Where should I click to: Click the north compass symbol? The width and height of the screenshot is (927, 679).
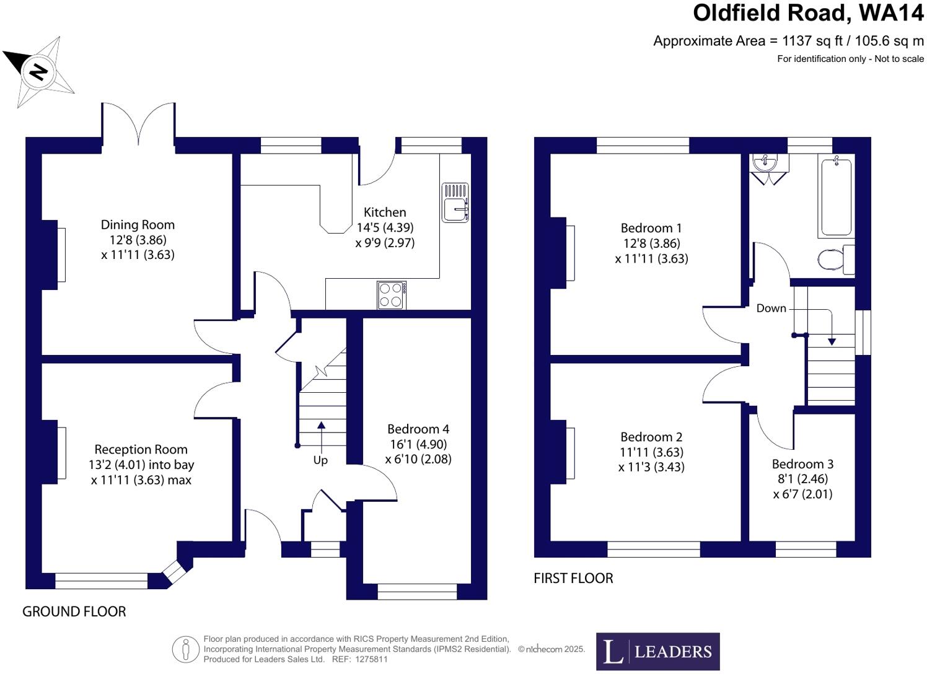[x=39, y=72]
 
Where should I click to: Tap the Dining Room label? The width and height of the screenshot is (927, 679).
[x=138, y=225]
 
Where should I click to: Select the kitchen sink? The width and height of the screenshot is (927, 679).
[x=455, y=203]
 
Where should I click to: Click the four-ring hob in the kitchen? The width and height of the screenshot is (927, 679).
[x=392, y=295]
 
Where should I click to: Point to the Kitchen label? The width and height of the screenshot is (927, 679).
[x=385, y=212]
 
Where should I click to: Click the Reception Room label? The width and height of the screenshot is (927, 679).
[x=141, y=450]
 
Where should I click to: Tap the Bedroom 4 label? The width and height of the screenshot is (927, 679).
[x=418, y=429]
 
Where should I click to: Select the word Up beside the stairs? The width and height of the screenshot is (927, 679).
[x=320, y=460]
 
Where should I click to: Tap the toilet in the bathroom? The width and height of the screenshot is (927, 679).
[x=834, y=260]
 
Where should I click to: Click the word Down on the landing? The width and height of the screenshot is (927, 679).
[x=771, y=309]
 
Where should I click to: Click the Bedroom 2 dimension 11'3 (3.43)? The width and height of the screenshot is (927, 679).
[x=651, y=467]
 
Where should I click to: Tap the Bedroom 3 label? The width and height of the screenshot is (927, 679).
[x=802, y=464]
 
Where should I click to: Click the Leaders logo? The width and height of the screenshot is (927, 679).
[x=657, y=651]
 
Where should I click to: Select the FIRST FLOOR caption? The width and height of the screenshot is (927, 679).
[x=573, y=579]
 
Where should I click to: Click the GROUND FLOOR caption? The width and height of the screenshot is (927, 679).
[x=74, y=612]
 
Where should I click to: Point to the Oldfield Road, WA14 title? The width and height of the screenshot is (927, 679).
[x=808, y=13]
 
